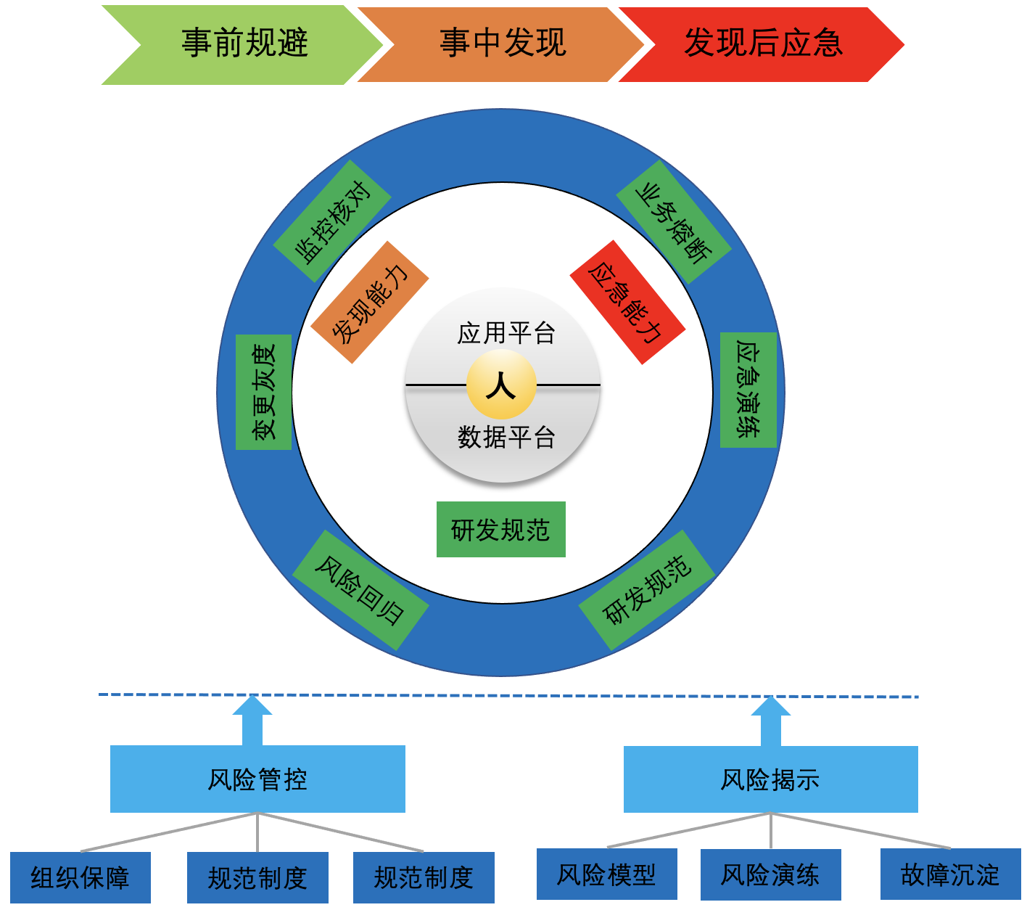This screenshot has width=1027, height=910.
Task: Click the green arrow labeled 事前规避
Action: coord(244,44)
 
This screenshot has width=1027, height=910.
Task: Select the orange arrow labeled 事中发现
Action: coord(502,44)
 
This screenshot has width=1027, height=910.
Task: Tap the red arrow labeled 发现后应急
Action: coord(763,44)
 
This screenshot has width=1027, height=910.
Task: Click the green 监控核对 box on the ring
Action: coord(332,221)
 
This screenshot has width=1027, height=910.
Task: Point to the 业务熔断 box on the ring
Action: coord(673,222)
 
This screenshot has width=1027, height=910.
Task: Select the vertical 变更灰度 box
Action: coord(264,392)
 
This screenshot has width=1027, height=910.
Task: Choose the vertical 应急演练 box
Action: coord(748,390)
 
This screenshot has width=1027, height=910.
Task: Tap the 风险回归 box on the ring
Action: coord(360,590)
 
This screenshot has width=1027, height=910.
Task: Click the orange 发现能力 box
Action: coord(370,302)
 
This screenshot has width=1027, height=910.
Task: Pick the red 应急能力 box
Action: coord(627,302)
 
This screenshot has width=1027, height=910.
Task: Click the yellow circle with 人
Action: coord(501,385)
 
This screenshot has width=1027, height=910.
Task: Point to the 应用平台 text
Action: coord(506,333)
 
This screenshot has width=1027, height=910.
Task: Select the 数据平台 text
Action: coord(506,438)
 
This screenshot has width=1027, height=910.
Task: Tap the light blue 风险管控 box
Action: coord(257,779)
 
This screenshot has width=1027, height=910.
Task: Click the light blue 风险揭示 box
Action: coord(770,779)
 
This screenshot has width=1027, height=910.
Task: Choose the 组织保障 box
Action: coord(80,878)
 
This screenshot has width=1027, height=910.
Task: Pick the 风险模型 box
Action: coord(606,874)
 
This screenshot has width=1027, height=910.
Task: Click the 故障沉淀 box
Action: coord(950,874)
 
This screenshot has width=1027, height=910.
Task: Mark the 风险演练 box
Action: coord(770,874)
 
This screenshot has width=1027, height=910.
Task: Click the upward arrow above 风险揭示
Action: coord(770,721)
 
